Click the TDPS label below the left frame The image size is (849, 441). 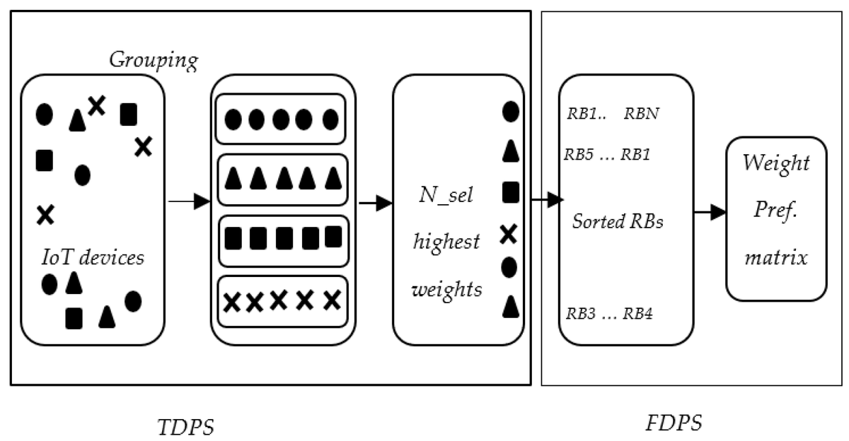[x=185, y=427]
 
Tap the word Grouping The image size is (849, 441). [x=153, y=61]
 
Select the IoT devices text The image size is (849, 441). [x=93, y=257]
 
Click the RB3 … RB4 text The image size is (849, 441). [x=608, y=314]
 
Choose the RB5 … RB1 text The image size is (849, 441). [x=608, y=154]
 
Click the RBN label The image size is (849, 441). [x=642, y=114]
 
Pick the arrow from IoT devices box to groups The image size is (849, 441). [x=189, y=202]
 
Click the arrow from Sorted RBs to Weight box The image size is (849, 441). [x=708, y=211]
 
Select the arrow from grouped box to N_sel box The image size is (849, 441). [x=375, y=204]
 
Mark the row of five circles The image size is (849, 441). [x=282, y=119]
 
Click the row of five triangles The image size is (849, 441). [x=282, y=179]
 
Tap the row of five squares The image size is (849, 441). [x=282, y=238]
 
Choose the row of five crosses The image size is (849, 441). [x=282, y=301]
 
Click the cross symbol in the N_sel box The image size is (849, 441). [x=508, y=234]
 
